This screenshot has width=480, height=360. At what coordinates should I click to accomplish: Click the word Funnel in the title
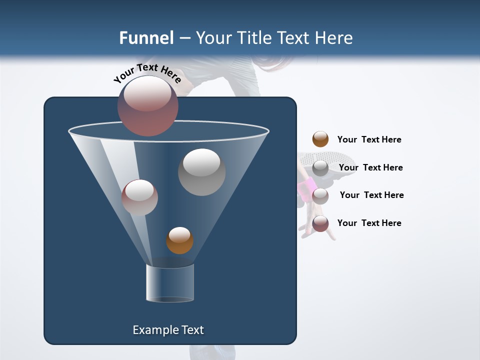coord(146,38)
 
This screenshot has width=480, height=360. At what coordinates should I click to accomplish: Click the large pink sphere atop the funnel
coord(148,106)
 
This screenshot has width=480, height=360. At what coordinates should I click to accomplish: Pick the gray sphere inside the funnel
coord(201,172)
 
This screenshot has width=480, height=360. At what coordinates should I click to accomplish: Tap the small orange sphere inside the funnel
coord(179,240)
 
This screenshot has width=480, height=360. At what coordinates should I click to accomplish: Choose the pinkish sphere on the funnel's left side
coord(139,197)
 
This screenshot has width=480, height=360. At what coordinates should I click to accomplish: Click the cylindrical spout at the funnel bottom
coord(170,283)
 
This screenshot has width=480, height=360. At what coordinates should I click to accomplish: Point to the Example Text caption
coord(168,330)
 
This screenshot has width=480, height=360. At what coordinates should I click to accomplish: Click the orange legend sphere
coord(320,139)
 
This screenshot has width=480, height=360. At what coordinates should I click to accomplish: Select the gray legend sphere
coord(320,168)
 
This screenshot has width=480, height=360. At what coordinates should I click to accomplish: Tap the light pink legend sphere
coord(320,195)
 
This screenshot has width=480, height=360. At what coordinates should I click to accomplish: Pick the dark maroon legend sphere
coord(320,223)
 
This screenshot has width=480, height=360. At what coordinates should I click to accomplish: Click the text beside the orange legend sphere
coord(369,139)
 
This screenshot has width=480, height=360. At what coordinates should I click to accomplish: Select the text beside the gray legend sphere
coord(370,167)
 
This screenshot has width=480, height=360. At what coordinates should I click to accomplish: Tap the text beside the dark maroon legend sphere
coord(369,223)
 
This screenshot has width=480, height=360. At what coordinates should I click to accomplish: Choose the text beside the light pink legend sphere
coord(371,195)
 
